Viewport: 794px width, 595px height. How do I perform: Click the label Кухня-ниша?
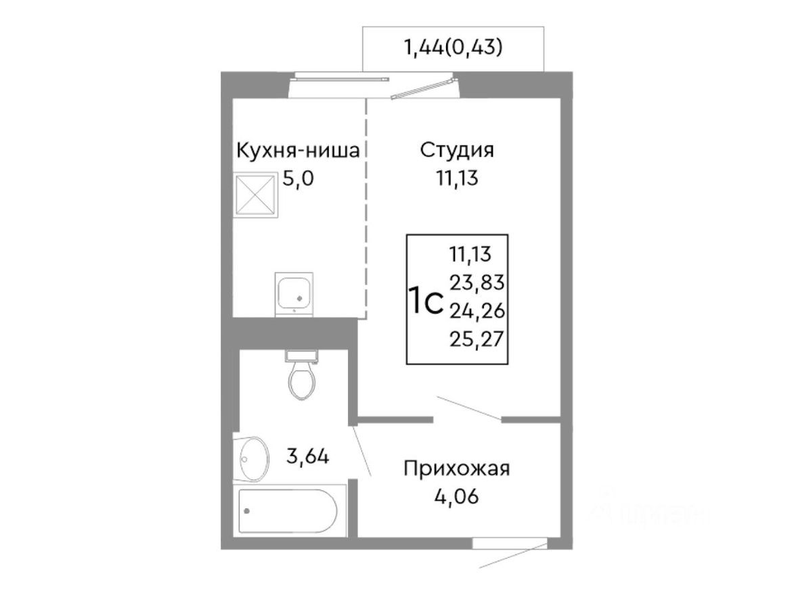coord(296,150)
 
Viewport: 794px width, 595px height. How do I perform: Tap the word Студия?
coord(457,149)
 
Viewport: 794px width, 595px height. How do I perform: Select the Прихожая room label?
coord(456,468)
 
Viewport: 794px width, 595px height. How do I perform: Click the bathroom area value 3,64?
coord(308,457)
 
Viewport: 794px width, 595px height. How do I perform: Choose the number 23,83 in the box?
coord(477,282)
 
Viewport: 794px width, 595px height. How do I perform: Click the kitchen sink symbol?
coord(295,293)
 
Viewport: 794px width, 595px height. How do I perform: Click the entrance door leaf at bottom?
coord(513,556)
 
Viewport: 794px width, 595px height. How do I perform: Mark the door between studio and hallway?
coord(468,408)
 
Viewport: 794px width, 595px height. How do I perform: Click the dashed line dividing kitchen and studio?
coord(366,210)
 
